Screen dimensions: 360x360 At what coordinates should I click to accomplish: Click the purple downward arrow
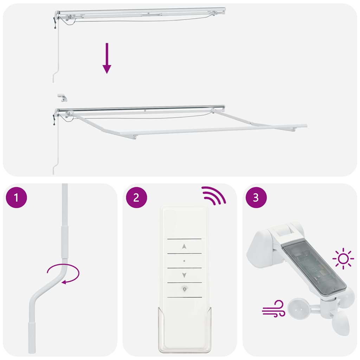coord(107,58)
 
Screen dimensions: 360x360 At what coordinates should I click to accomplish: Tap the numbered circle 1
coord(17,197)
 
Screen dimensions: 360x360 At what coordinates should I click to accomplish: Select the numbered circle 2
coord(136,197)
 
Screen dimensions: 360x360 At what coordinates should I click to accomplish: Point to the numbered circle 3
coord(256,197)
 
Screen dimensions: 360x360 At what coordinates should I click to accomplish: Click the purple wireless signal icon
coord(213,195)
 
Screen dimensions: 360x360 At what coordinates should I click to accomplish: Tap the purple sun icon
coord(343,259)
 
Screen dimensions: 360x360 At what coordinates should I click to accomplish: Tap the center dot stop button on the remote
coord(184,261)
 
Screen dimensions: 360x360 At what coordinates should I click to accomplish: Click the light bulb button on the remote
coord(184,289)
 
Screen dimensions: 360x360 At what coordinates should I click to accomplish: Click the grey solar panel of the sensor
coord(310,268)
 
